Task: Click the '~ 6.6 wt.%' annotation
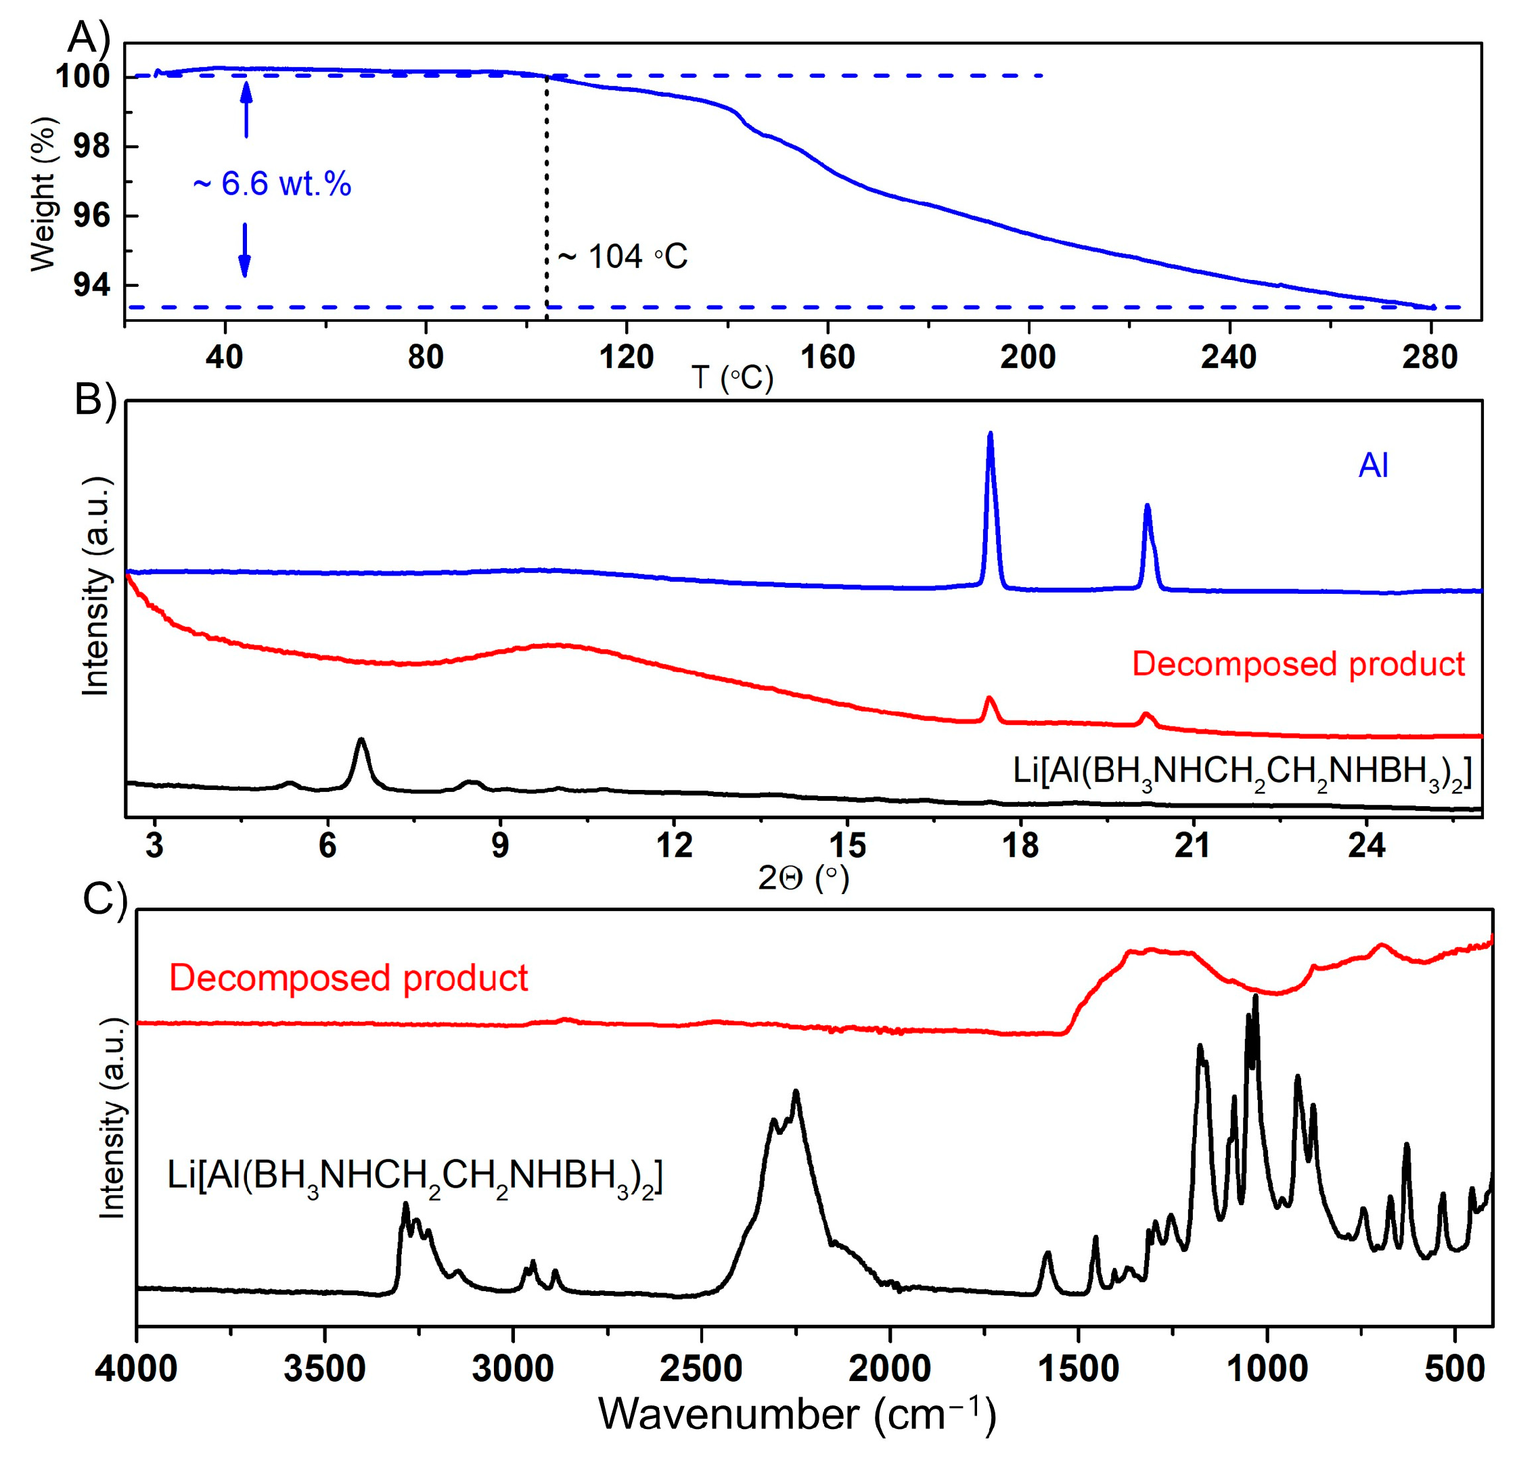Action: (271, 184)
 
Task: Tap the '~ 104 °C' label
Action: (622, 256)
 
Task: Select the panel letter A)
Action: (89, 36)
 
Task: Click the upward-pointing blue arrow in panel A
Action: (246, 110)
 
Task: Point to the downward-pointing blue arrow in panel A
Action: (245, 250)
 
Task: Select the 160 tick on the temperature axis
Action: (828, 358)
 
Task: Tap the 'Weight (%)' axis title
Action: (44, 195)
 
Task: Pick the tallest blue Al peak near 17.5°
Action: (990, 434)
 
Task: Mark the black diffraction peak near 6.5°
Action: (361, 740)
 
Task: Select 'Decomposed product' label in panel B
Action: (1298, 664)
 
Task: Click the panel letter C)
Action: (105, 899)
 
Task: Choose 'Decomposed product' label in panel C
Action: (348, 978)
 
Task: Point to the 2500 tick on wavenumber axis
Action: (701, 1369)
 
